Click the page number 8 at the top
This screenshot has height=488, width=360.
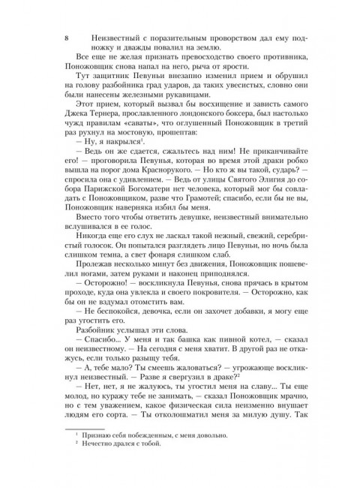67,37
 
